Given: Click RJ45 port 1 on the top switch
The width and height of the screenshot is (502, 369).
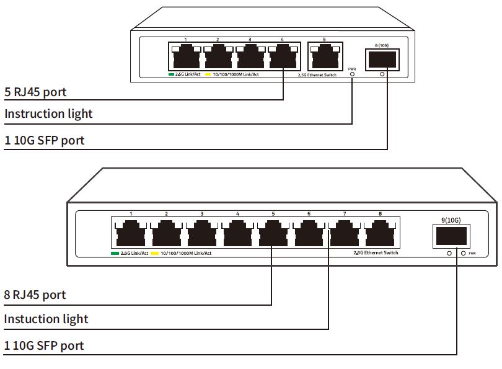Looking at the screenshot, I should coord(185,58).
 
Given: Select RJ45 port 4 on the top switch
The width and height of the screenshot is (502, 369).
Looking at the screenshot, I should coord(282,58).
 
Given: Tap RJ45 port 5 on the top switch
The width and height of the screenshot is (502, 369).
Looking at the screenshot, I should coord(324,58).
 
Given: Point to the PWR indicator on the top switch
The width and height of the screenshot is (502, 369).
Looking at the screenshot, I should coord(353,74).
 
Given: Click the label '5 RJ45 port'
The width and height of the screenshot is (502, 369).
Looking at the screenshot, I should coord(35,92).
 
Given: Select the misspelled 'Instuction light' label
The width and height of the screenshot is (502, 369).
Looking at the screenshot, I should coord(46,319).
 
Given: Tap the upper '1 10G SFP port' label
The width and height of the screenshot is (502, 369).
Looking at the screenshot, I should coord(44,141).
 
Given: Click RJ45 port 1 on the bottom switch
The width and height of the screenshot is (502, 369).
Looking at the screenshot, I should coord(131,234).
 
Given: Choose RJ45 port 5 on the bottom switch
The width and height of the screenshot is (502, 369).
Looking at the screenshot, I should coord(273,234).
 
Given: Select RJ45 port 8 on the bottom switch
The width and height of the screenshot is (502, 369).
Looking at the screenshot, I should coord(380,234).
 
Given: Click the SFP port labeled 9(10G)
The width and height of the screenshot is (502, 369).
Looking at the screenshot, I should coord(450,236).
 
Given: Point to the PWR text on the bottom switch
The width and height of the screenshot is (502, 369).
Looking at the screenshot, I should coord(472,254).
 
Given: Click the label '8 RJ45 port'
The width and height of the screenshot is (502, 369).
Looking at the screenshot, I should coord(35,295).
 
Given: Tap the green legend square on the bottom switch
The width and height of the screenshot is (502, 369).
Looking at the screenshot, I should coord(115,254).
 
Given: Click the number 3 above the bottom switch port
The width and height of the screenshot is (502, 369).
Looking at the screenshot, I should coord(202,214).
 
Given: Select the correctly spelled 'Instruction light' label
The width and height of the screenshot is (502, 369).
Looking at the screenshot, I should coord(48,113).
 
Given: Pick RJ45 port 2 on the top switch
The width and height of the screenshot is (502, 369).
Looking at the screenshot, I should coord(218,58).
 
